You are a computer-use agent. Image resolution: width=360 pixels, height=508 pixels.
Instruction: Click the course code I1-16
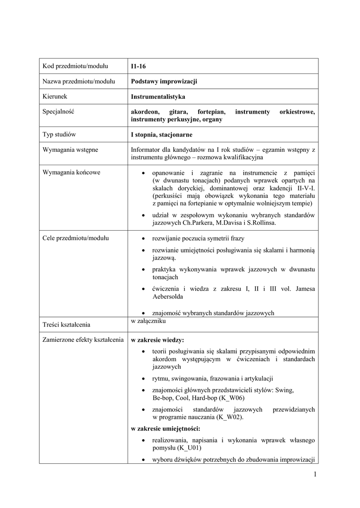pyautogui.click(x=139, y=66)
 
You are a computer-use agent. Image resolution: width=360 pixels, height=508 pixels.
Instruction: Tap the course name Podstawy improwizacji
pyautogui.click(x=164, y=81)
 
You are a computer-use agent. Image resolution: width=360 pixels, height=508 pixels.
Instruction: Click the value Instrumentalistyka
pyautogui.click(x=158, y=97)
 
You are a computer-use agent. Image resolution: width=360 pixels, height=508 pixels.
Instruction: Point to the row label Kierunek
pyautogui.click(x=55, y=97)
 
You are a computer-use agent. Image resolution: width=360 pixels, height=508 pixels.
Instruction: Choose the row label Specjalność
pyautogui.click(x=58, y=112)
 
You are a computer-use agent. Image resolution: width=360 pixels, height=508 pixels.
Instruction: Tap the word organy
pyautogui.click(x=212, y=120)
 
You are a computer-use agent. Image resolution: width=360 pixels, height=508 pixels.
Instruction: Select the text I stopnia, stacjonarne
pyautogui.click(x=161, y=134)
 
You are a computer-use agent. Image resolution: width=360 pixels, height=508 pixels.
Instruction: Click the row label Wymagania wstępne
pyautogui.click(x=70, y=149)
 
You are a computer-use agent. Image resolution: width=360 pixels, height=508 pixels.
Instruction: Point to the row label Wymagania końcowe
pyautogui.click(x=72, y=172)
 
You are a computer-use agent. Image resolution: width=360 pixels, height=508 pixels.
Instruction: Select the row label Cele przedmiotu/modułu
pyautogui.click(x=75, y=238)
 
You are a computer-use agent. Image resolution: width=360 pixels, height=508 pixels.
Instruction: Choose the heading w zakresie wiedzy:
pyautogui.click(x=157, y=340)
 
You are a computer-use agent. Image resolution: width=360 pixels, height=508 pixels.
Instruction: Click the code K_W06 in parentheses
pyautogui.click(x=230, y=398)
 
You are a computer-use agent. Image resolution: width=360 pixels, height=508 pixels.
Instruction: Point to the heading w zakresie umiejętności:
pyautogui.click(x=165, y=428)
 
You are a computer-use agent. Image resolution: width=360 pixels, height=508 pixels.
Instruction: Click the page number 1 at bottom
pyautogui.click(x=314, y=475)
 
